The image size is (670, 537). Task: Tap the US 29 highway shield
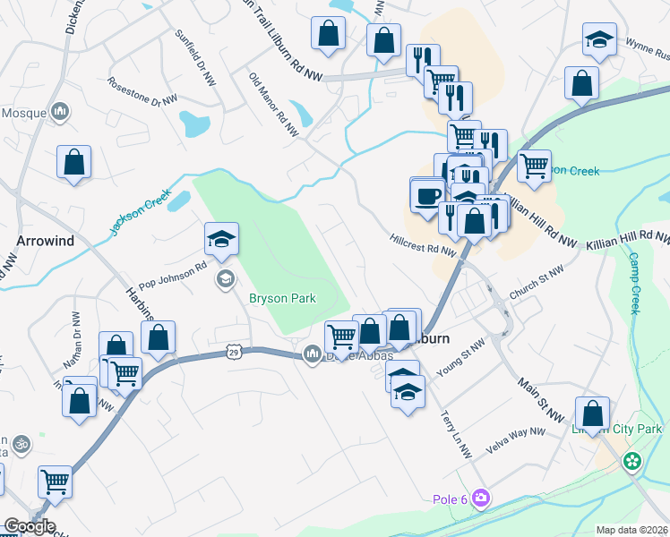pyautogui.click(x=233, y=353)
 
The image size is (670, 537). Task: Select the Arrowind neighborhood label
pyautogui.click(x=45, y=241)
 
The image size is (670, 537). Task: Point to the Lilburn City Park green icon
pyautogui.click(x=633, y=461)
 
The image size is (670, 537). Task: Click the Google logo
pyautogui.click(x=30, y=526)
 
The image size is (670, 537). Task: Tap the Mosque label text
pyautogui.click(x=23, y=113)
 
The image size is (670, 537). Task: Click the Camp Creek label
pyautogui.click(x=633, y=282)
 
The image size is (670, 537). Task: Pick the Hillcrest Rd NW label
pyautogui.click(x=423, y=245)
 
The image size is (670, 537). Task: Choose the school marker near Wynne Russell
pyautogui.click(x=599, y=40)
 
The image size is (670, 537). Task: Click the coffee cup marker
pyautogui.click(x=428, y=194)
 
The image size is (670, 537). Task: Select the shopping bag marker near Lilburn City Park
pyautogui.click(x=592, y=413)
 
